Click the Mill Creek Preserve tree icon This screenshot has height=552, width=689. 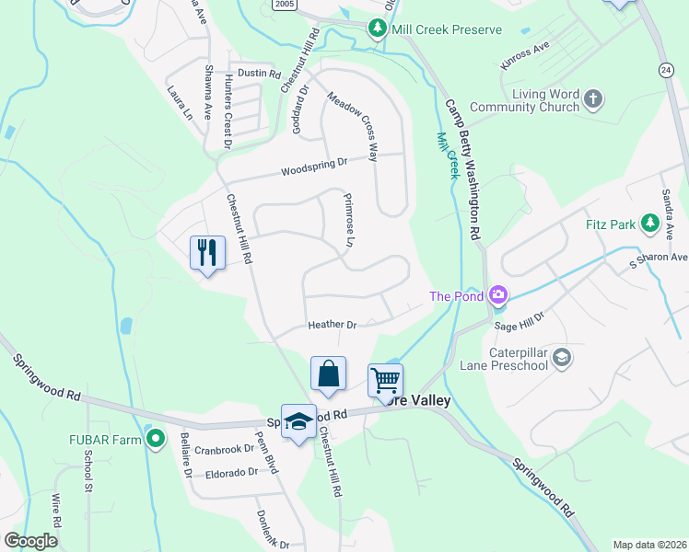[377, 29]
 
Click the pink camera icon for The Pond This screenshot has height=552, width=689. [498, 295]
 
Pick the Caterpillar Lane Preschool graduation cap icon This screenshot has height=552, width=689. [562, 357]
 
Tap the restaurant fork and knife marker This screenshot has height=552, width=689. [206, 251]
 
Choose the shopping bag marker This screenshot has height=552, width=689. [328, 374]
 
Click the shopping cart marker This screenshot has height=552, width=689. [385, 379]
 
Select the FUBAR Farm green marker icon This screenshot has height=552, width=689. [156, 440]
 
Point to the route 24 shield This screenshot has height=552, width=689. [666, 70]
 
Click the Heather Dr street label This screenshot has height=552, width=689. [332, 325]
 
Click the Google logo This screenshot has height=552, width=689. [31, 540]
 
